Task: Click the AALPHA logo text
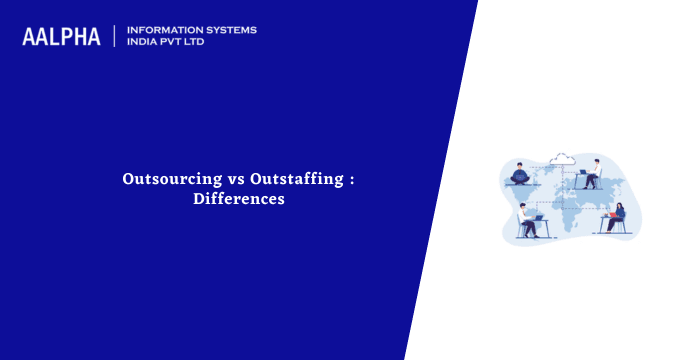[x=61, y=36]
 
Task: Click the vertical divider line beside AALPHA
[x=115, y=36]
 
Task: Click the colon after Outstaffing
[x=351, y=180]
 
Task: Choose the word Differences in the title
[x=239, y=199]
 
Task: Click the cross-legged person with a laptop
[x=520, y=175]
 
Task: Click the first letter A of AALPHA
[x=30, y=36]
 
